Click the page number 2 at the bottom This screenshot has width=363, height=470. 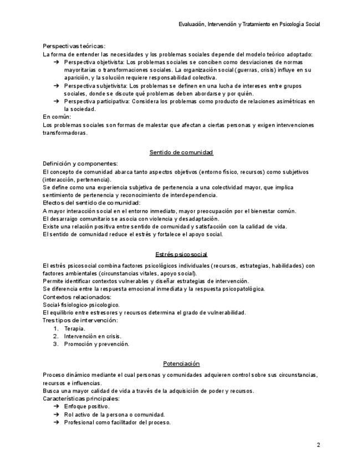tap(318, 445)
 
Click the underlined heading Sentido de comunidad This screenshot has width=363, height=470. tap(181, 152)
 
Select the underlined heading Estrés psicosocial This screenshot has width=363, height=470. tap(181, 254)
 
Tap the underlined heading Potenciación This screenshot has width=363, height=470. tap(181, 364)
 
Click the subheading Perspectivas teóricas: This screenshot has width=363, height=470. tap(74, 46)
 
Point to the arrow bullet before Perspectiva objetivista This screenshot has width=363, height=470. tap(57, 62)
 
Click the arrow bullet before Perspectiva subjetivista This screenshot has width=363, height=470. tap(57, 86)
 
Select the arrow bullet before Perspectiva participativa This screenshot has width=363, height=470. tap(57, 101)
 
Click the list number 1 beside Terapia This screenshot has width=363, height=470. tap(55, 328)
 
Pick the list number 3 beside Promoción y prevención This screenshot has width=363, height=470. tap(55, 344)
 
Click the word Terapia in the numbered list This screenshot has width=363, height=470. tap(75, 328)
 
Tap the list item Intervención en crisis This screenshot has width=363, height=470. tap(93, 336)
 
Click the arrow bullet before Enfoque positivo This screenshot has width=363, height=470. tap(57, 406)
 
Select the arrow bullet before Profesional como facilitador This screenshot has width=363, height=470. tap(57, 422)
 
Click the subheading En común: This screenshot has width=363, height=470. tap(57, 117)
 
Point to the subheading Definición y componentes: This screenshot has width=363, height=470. tap(80, 164)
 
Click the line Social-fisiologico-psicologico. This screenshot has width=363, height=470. tap(81, 304)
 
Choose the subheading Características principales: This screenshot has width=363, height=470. tap(81, 399)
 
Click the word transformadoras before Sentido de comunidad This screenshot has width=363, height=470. tap(65, 133)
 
